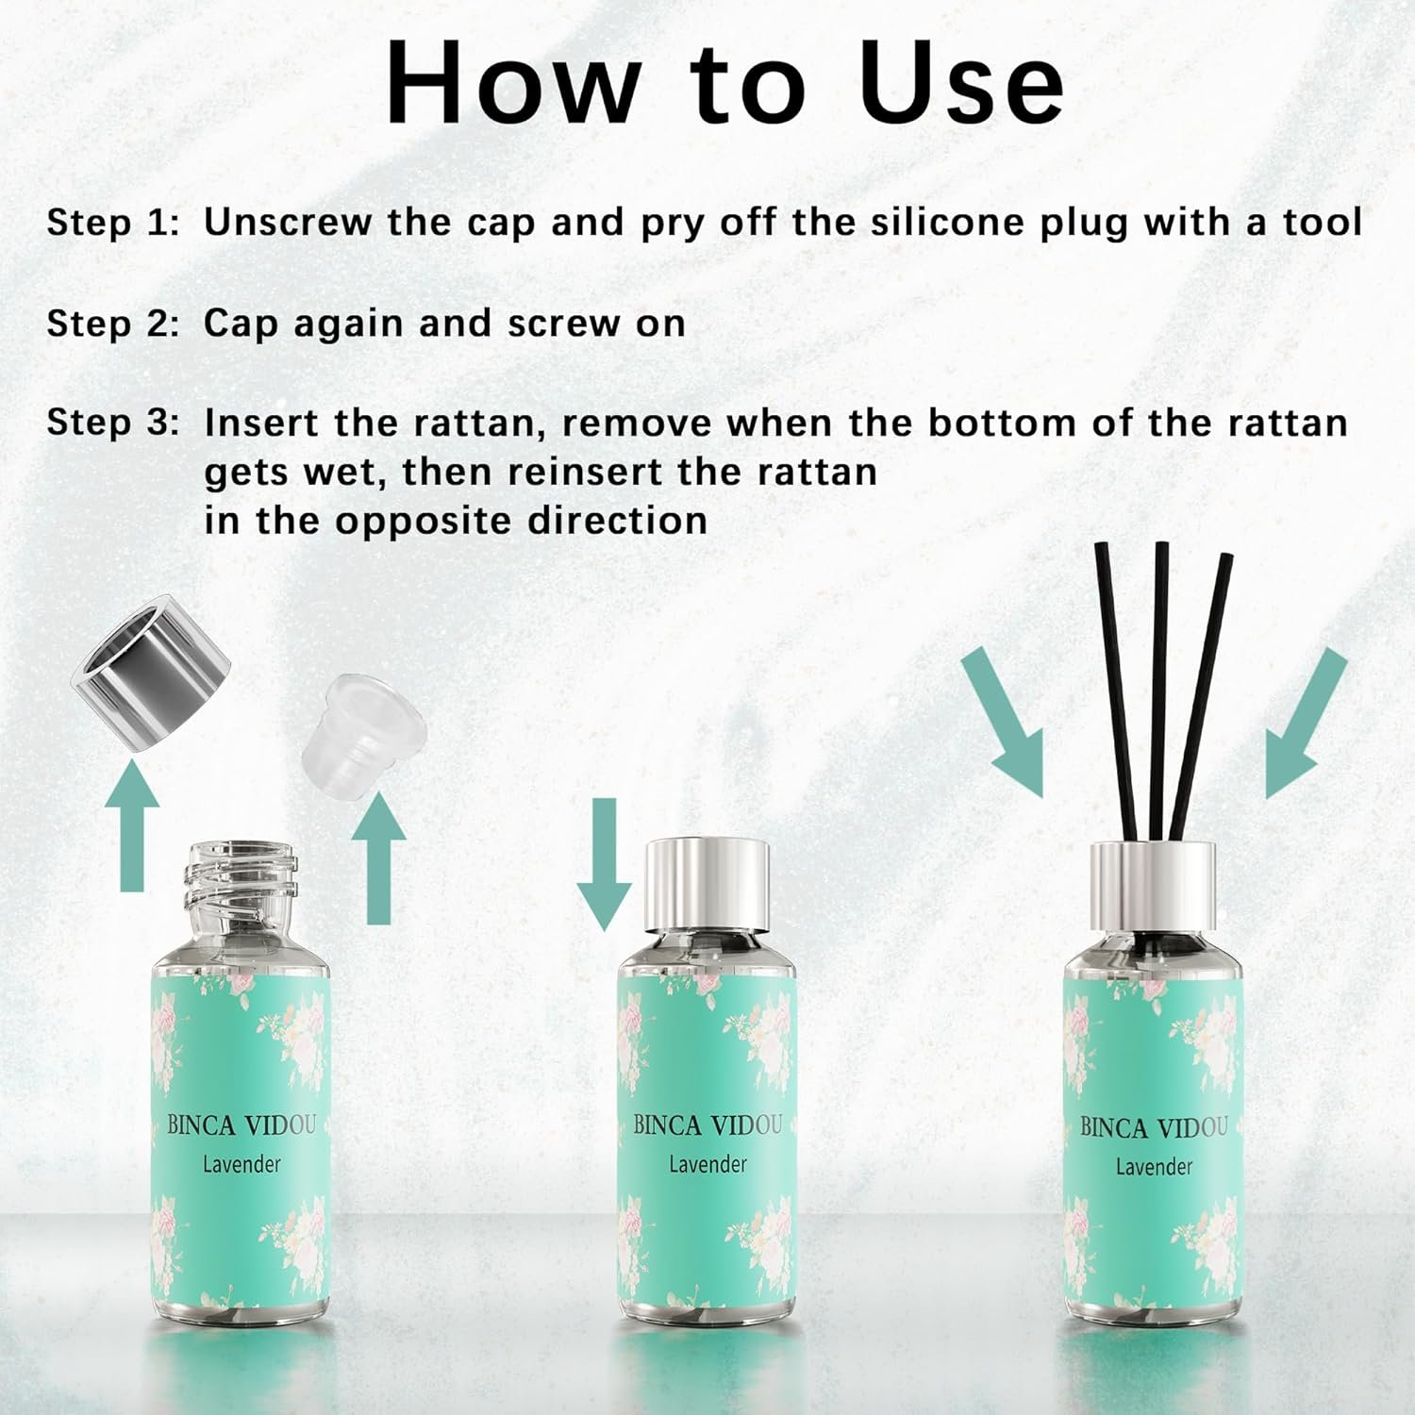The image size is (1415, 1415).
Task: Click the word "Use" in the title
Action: [962, 83]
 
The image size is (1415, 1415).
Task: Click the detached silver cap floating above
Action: [152, 673]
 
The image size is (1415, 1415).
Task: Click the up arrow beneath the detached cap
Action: [132, 827]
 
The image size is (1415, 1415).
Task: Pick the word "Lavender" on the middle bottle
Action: [707, 1165]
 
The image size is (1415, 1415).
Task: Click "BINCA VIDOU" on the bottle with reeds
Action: [1154, 1128]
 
